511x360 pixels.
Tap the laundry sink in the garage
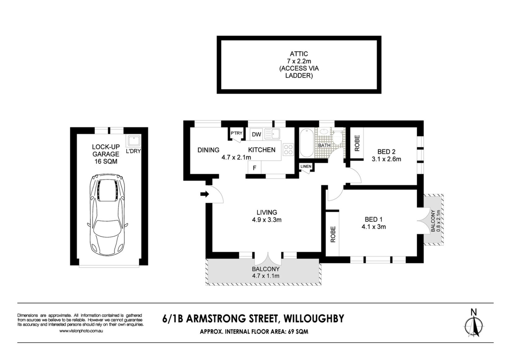(x=134, y=140)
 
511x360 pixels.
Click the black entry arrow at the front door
(x=205, y=194)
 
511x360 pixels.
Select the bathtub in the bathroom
(x=307, y=143)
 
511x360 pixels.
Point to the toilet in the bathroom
(x=337, y=137)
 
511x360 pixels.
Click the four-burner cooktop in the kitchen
(x=288, y=150)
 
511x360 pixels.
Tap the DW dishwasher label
(x=256, y=134)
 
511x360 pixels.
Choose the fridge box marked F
(x=255, y=168)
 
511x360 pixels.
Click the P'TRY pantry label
(x=236, y=133)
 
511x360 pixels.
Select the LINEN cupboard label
(x=306, y=166)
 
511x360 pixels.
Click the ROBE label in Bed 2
(x=357, y=143)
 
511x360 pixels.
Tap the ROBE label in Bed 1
(x=333, y=234)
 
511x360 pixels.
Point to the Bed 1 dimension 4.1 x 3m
(x=374, y=227)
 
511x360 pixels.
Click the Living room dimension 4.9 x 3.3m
(x=267, y=220)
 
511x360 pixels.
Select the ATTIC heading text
(x=299, y=54)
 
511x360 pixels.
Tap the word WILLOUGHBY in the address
(x=313, y=319)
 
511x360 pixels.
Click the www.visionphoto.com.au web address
(x=81, y=331)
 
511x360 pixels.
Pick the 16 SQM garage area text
(x=106, y=162)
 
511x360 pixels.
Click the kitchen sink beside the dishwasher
(x=272, y=134)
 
